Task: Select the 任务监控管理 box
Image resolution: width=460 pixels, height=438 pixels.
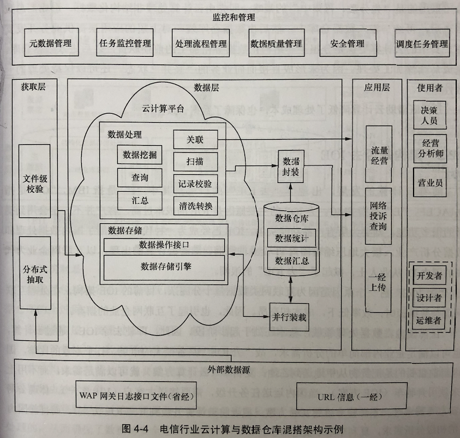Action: [125, 43]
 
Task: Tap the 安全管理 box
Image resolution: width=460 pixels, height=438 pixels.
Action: [347, 43]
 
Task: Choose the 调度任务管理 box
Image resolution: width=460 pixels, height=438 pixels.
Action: [422, 44]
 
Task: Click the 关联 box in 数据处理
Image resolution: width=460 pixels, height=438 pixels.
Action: [195, 140]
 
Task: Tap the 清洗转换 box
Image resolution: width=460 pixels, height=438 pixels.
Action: [195, 206]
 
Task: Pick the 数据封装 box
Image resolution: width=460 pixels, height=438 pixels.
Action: [291, 168]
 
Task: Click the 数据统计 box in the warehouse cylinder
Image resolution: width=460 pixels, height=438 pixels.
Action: [291, 238]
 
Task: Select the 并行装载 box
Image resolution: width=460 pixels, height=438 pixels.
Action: [289, 316]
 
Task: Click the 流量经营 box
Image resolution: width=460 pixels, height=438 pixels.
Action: [379, 155]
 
